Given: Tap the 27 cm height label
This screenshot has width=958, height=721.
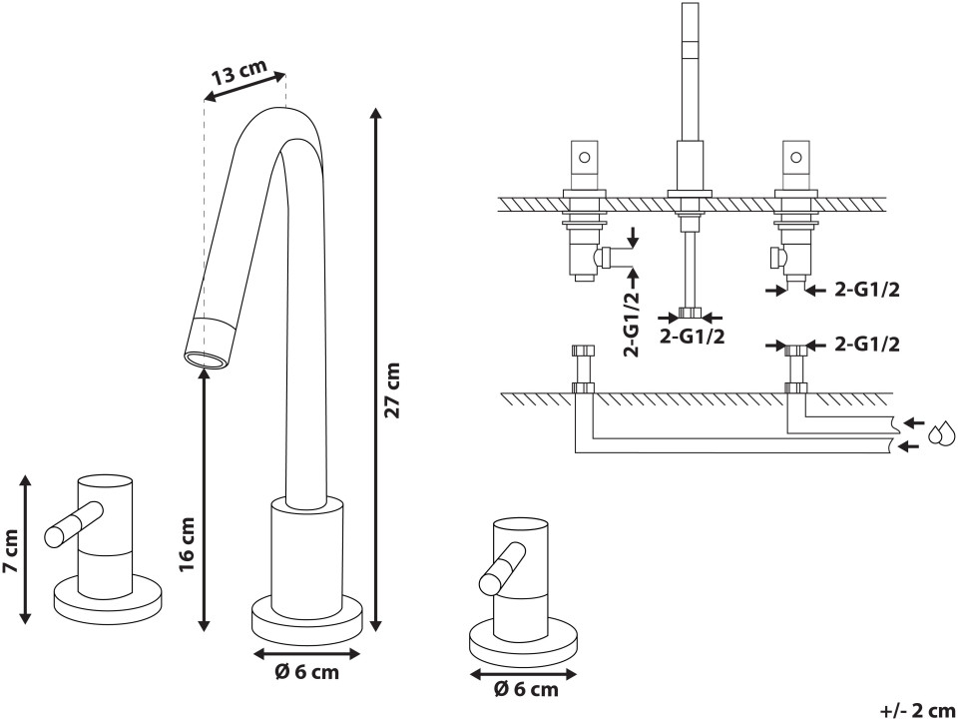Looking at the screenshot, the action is (x=392, y=389).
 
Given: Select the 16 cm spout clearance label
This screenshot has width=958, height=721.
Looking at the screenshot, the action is (x=187, y=543).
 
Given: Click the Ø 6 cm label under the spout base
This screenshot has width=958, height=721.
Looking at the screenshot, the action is (x=306, y=672).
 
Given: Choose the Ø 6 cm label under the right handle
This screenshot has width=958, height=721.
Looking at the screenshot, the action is (x=526, y=689).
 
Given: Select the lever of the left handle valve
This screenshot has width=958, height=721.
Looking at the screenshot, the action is (x=73, y=523).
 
